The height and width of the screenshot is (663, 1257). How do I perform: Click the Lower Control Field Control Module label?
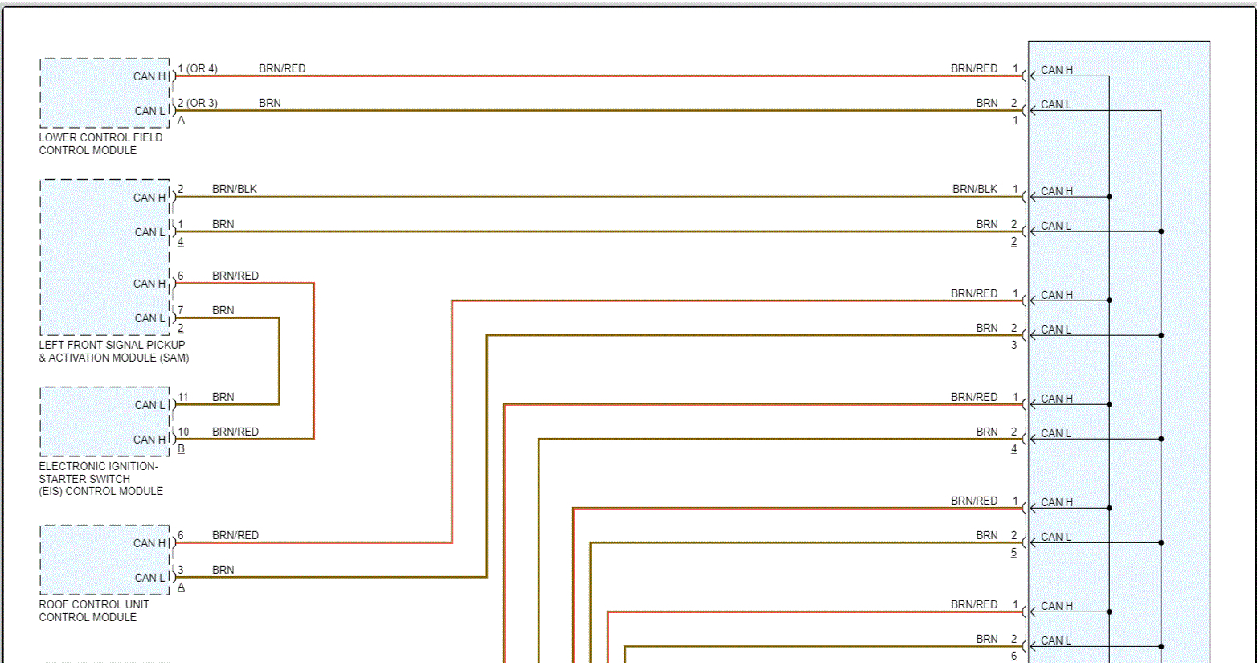(100, 144)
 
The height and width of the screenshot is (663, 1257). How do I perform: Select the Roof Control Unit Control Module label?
(94, 611)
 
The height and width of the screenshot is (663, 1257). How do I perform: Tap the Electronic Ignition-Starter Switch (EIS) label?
(100, 478)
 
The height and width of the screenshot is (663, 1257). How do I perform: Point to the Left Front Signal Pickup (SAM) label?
(113, 351)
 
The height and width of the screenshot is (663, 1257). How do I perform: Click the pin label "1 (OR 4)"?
(198, 69)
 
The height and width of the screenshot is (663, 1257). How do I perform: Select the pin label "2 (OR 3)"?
(198, 104)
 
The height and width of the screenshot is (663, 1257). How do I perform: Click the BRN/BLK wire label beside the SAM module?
(235, 190)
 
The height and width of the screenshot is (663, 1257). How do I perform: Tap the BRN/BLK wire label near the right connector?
(975, 190)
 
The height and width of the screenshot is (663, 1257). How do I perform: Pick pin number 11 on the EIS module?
(183, 398)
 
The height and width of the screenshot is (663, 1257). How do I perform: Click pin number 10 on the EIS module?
(183, 432)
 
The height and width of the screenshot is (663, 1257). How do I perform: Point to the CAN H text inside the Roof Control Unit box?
(149, 543)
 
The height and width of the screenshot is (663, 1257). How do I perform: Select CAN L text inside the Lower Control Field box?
(150, 111)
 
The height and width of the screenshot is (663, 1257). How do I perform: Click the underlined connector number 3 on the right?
(1014, 346)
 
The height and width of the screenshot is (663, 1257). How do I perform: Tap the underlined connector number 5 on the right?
(1014, 553)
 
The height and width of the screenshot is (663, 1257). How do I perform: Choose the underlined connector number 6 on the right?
(1014, 657)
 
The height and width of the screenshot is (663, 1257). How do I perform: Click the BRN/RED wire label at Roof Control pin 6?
(235, 536)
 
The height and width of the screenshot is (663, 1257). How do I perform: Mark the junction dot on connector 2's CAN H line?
(1109, 197)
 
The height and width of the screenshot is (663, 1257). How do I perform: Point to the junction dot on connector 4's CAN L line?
(1161, 439)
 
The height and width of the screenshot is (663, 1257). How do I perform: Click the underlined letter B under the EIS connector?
(181, 449)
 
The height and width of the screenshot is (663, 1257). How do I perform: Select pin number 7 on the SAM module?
(181, 311)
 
